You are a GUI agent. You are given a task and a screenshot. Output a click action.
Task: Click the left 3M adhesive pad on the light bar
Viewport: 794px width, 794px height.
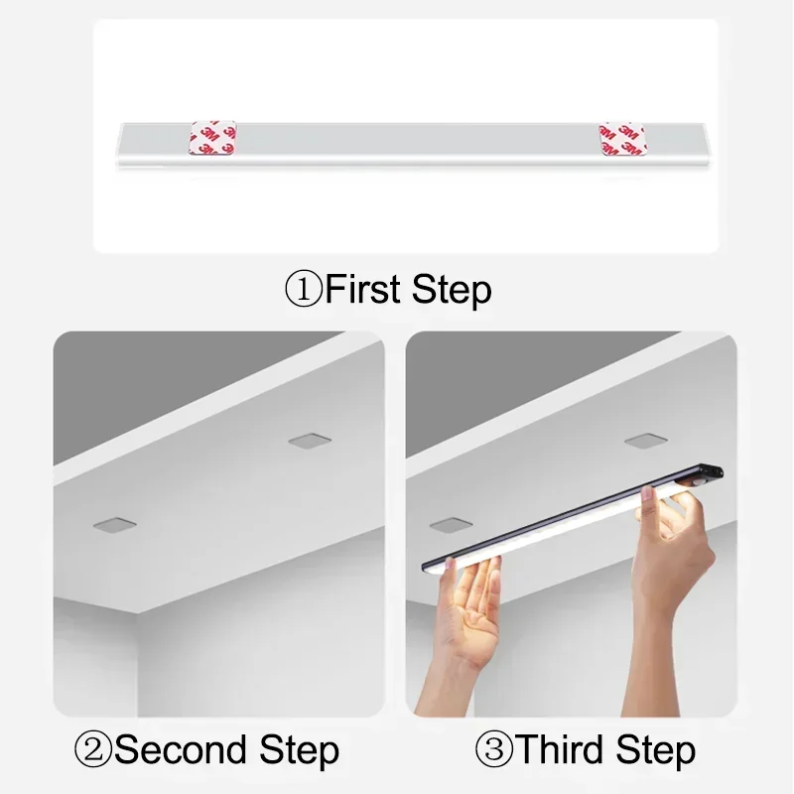(x=212, y=138)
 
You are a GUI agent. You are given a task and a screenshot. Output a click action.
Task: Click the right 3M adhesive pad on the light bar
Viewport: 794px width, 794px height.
(x=622, y=138)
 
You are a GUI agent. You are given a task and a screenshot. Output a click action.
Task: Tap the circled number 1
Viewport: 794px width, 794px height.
(x=304, y=289)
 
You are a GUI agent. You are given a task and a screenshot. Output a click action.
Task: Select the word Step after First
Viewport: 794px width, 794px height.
(x=452, y=290)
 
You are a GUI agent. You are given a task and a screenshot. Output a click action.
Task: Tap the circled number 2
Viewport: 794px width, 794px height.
(x=92, y=749)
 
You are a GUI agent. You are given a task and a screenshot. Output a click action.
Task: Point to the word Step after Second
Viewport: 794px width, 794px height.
(x=300, y=751)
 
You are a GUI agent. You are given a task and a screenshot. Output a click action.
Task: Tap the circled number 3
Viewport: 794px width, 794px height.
(x=494, y=749)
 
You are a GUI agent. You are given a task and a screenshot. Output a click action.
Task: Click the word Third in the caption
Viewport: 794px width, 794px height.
(x=561, y=749)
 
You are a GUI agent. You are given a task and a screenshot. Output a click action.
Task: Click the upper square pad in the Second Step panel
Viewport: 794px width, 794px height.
(x=310, y=440)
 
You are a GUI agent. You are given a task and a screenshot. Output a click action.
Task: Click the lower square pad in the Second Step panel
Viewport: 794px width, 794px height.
(x=114, y=525)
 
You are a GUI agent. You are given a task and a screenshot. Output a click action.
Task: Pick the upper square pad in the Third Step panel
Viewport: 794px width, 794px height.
(x=646, y=441)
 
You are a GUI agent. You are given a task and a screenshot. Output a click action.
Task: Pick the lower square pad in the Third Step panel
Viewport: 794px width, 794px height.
(x=452, y=525)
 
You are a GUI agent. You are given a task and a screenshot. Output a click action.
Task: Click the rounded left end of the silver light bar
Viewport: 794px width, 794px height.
(x=121, y=145)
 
